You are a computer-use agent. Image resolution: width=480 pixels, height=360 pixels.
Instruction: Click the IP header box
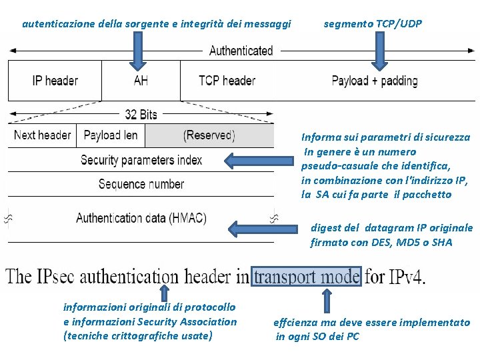55,81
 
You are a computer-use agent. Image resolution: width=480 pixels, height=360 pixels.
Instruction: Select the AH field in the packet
141,81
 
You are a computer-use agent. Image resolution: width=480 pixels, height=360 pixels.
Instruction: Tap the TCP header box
227,81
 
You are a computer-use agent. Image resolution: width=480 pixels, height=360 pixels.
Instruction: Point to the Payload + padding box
375,81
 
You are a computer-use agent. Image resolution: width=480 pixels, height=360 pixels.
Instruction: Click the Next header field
42,135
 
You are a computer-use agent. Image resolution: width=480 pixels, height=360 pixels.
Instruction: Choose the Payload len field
111,135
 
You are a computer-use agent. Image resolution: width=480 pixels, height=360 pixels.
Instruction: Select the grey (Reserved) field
209,135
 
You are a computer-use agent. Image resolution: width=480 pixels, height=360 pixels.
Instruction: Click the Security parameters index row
141,160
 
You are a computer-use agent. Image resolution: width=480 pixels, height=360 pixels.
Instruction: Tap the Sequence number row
141,184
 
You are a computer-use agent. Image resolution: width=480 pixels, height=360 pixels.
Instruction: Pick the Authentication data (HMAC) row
141,218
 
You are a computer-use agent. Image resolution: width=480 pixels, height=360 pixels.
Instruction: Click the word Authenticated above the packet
241,51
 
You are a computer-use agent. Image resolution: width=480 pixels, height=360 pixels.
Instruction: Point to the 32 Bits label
141,115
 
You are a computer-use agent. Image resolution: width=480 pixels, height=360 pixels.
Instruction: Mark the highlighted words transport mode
306,275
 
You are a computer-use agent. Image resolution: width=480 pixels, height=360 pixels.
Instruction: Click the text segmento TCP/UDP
373,24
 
